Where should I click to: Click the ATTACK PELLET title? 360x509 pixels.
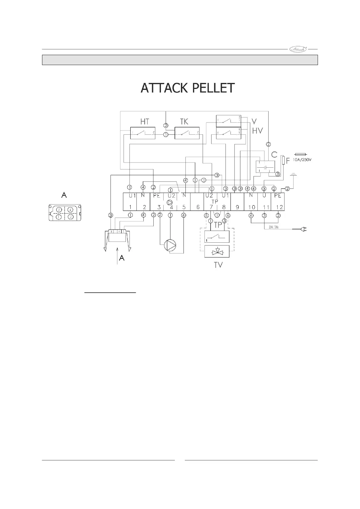pyautogui.click(x=188, y=88)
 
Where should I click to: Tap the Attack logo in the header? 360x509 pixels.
pyautogui.click(x=298, y=49)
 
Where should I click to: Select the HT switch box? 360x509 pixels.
pyautogui.click(x=142, y=133)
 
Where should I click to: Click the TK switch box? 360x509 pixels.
pyautogui.click(x=187, y=133)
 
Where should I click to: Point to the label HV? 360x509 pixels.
pyautogui.click(x=257, y=131)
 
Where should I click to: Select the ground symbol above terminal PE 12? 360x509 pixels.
pyautogui.click(x=293, y=175)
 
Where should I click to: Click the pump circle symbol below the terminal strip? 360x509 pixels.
pyautogui.click(x=170, y=245)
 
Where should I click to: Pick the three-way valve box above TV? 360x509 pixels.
pyautogui.click(x=217, y=251)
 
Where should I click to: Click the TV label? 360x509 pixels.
pyautogui.click(x=218, y=265)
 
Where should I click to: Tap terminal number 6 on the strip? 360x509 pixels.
pyautogui.click(x=198, y=207)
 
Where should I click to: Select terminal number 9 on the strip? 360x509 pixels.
pyautogui.click(x=237, y=207)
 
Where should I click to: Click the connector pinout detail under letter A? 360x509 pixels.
pyautogui.click(x=65, y=213)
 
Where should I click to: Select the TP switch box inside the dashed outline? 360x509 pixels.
pyautogui.click(x=217, y=237)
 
